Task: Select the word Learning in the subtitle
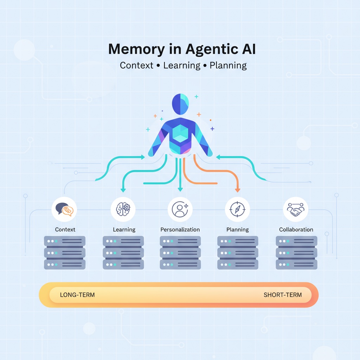coord(182,65)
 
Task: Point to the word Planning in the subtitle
coord(228,65)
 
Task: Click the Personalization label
coord(180,230)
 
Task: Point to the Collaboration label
coord(296,230)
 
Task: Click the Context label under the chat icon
coord(65,230)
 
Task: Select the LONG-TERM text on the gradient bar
coord(77,295)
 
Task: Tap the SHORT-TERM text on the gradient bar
coord(283,295)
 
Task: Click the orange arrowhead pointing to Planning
coord(237,190)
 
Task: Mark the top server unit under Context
coord(65,241)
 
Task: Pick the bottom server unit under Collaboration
coord(296,264)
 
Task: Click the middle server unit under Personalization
coord(180,253)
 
